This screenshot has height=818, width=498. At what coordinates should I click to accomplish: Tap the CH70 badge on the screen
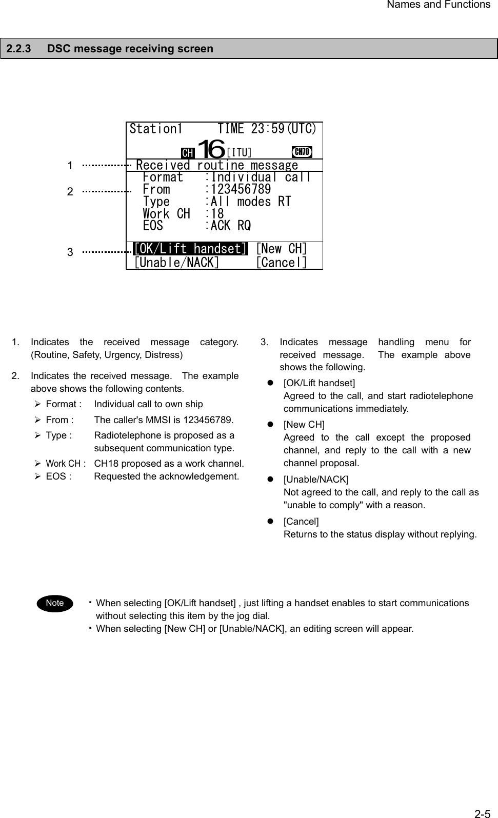[x=302, y=152]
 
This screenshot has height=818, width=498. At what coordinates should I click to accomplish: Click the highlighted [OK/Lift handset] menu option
[x=191, y=249]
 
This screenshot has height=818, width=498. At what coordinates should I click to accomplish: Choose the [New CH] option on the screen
[x=282, y=249]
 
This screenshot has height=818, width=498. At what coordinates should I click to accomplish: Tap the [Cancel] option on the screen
[x=282, y=263]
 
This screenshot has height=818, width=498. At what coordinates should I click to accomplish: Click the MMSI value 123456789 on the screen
[x=241, y=189]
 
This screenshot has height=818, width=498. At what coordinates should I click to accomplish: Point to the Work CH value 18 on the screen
[x=217, y=213]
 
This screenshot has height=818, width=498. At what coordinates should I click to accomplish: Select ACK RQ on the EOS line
[x=231, y=226]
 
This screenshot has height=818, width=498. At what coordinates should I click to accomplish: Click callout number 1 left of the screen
[x=70, y=166]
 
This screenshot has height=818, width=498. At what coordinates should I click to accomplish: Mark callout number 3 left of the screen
[x=70, y=252]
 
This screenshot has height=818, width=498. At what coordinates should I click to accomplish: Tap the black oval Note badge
[x=54, y=603]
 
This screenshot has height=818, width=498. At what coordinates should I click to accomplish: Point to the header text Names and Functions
[x=439, y=5]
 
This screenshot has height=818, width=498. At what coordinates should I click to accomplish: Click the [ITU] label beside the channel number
[x=239, y=153]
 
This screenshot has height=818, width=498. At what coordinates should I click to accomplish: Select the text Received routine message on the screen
[x=217, y=165]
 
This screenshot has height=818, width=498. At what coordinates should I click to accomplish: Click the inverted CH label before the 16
[x=188, y=153]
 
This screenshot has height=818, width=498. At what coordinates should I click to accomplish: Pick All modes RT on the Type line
[x=251, y=202]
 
